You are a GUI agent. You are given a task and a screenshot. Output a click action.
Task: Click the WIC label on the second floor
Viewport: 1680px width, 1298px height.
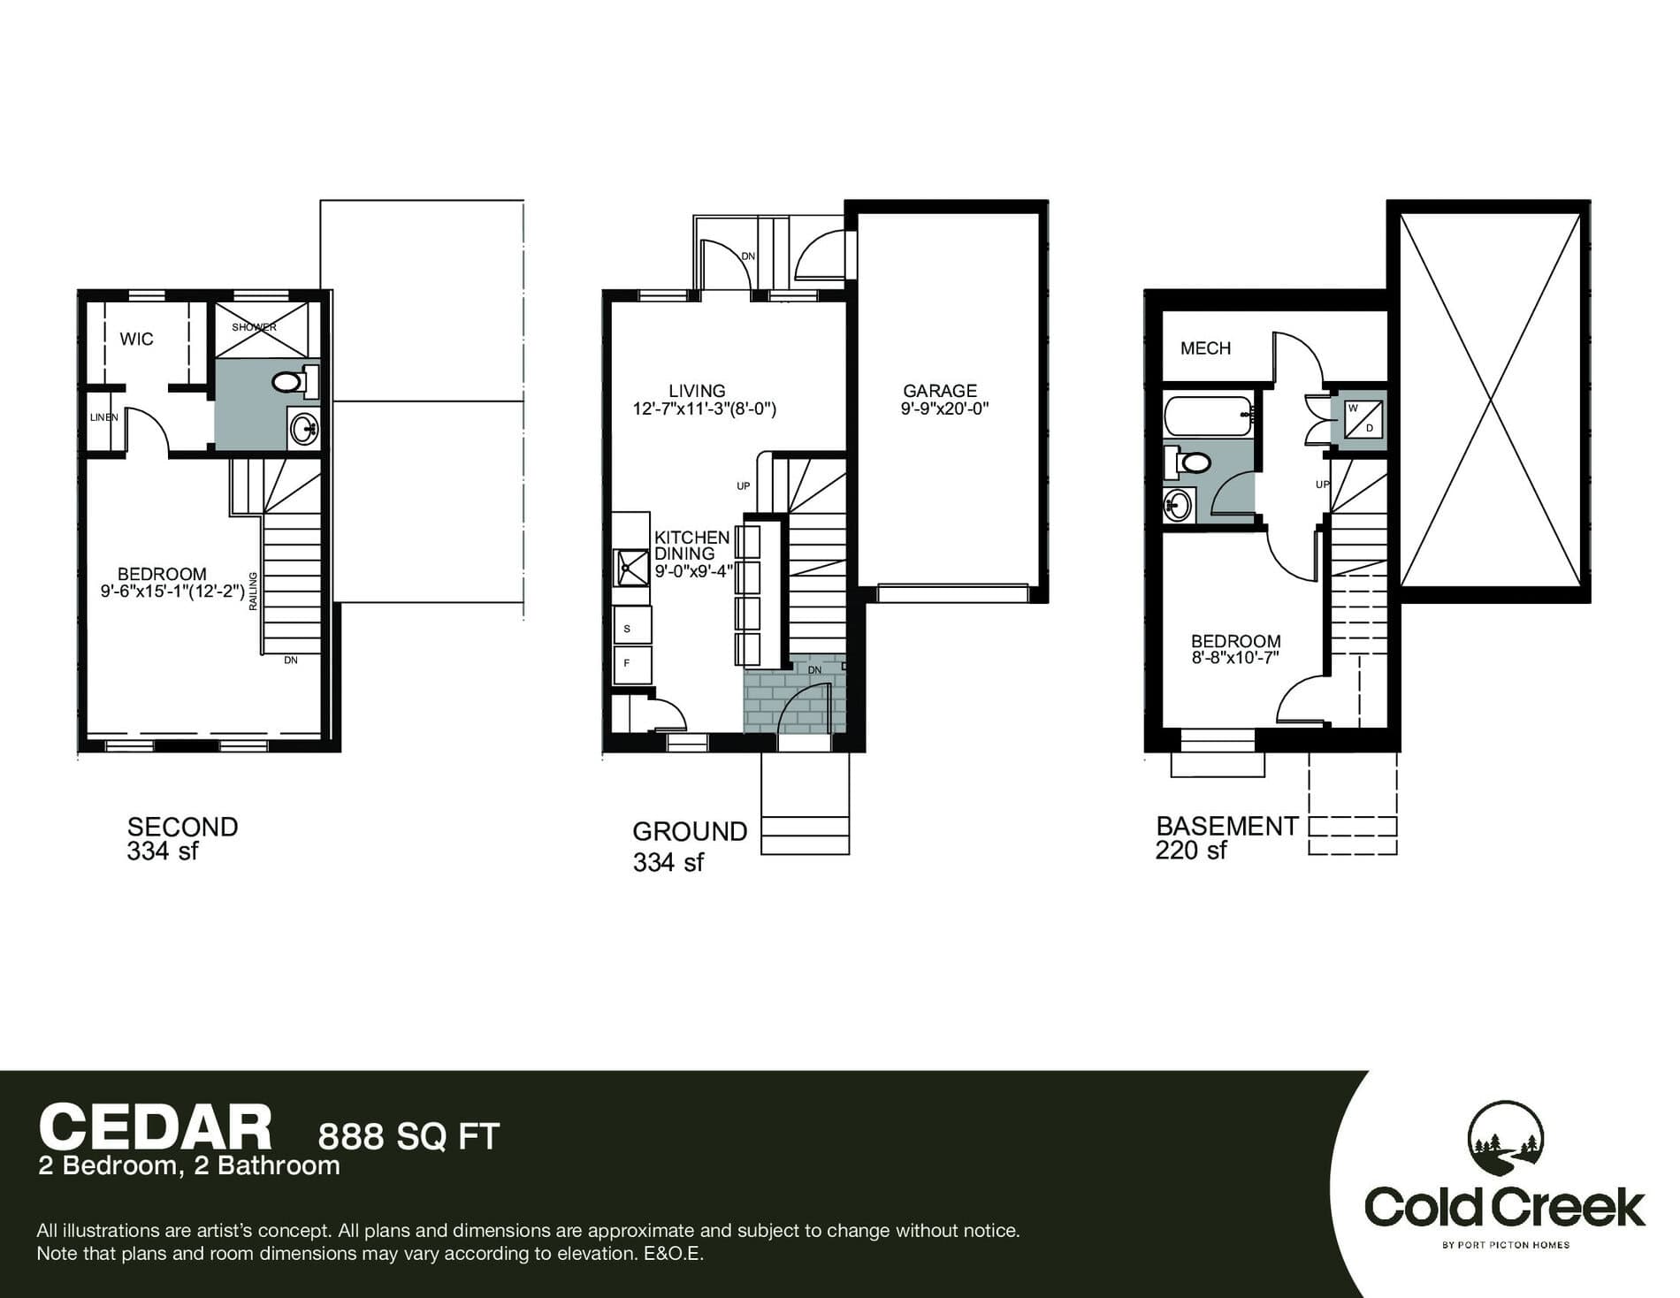(136, 339)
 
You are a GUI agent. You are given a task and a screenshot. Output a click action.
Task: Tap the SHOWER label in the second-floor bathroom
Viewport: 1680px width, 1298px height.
(254, 327)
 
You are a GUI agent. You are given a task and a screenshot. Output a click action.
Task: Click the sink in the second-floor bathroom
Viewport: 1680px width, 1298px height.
(304, 431)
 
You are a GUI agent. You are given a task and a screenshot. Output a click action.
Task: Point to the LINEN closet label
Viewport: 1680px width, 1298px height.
(103, 417)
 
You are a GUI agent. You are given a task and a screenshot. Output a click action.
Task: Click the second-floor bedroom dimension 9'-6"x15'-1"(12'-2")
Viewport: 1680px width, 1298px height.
(172, 592)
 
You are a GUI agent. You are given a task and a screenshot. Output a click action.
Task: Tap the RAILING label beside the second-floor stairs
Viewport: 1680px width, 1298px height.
(253, 590)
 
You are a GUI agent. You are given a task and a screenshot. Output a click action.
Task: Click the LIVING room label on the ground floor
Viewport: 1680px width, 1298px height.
(697, 390)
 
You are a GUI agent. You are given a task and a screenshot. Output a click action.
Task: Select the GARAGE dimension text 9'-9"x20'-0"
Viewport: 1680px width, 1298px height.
(943, 408)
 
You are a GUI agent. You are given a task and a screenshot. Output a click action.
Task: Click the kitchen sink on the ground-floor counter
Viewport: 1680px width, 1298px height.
(631, 567)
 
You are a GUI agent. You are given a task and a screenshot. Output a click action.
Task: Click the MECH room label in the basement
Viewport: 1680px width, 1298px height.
(1205, 348)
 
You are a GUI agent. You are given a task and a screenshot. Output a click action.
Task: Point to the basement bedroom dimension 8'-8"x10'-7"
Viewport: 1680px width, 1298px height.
(1235, 658)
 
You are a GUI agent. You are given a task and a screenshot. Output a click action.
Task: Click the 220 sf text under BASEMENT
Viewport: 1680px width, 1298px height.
(1190, 851)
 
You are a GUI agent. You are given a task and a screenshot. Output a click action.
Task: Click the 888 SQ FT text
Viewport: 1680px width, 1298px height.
(409, 1136)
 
